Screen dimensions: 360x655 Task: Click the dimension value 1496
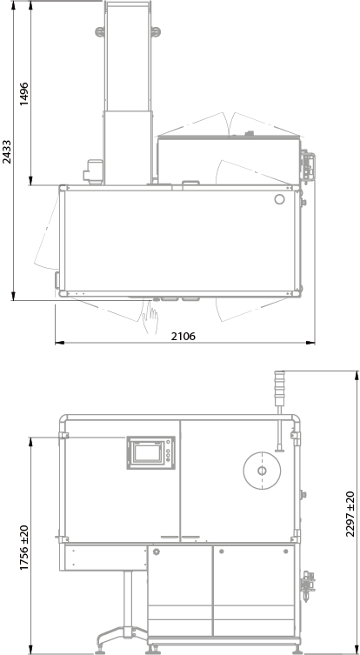(x=24, y=94)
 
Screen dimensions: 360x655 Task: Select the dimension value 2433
(x=7, y=152)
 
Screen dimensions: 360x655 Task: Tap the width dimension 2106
(x=183, y=336)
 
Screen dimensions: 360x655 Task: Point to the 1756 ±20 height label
(x=24, y=548)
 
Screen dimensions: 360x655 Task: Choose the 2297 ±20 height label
(x=350, y=514)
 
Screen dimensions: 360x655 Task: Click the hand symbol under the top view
(x=150, y=317)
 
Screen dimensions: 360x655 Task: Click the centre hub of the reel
(x=262, y=471)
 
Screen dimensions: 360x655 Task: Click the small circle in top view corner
(x=279, y=199)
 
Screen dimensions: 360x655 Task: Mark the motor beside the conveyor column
(x=93, y=171)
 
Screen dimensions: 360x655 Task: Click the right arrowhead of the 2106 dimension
(x=310, y=343)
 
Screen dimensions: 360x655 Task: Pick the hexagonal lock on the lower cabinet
(x=157, y=551)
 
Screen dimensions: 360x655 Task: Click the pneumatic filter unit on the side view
(x=308, y=585)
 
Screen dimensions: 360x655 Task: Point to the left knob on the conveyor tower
(x=100, y=31)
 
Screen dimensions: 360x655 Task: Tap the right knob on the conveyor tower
(x=156, y=31)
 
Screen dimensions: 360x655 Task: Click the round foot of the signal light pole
(x=279, y=450)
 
